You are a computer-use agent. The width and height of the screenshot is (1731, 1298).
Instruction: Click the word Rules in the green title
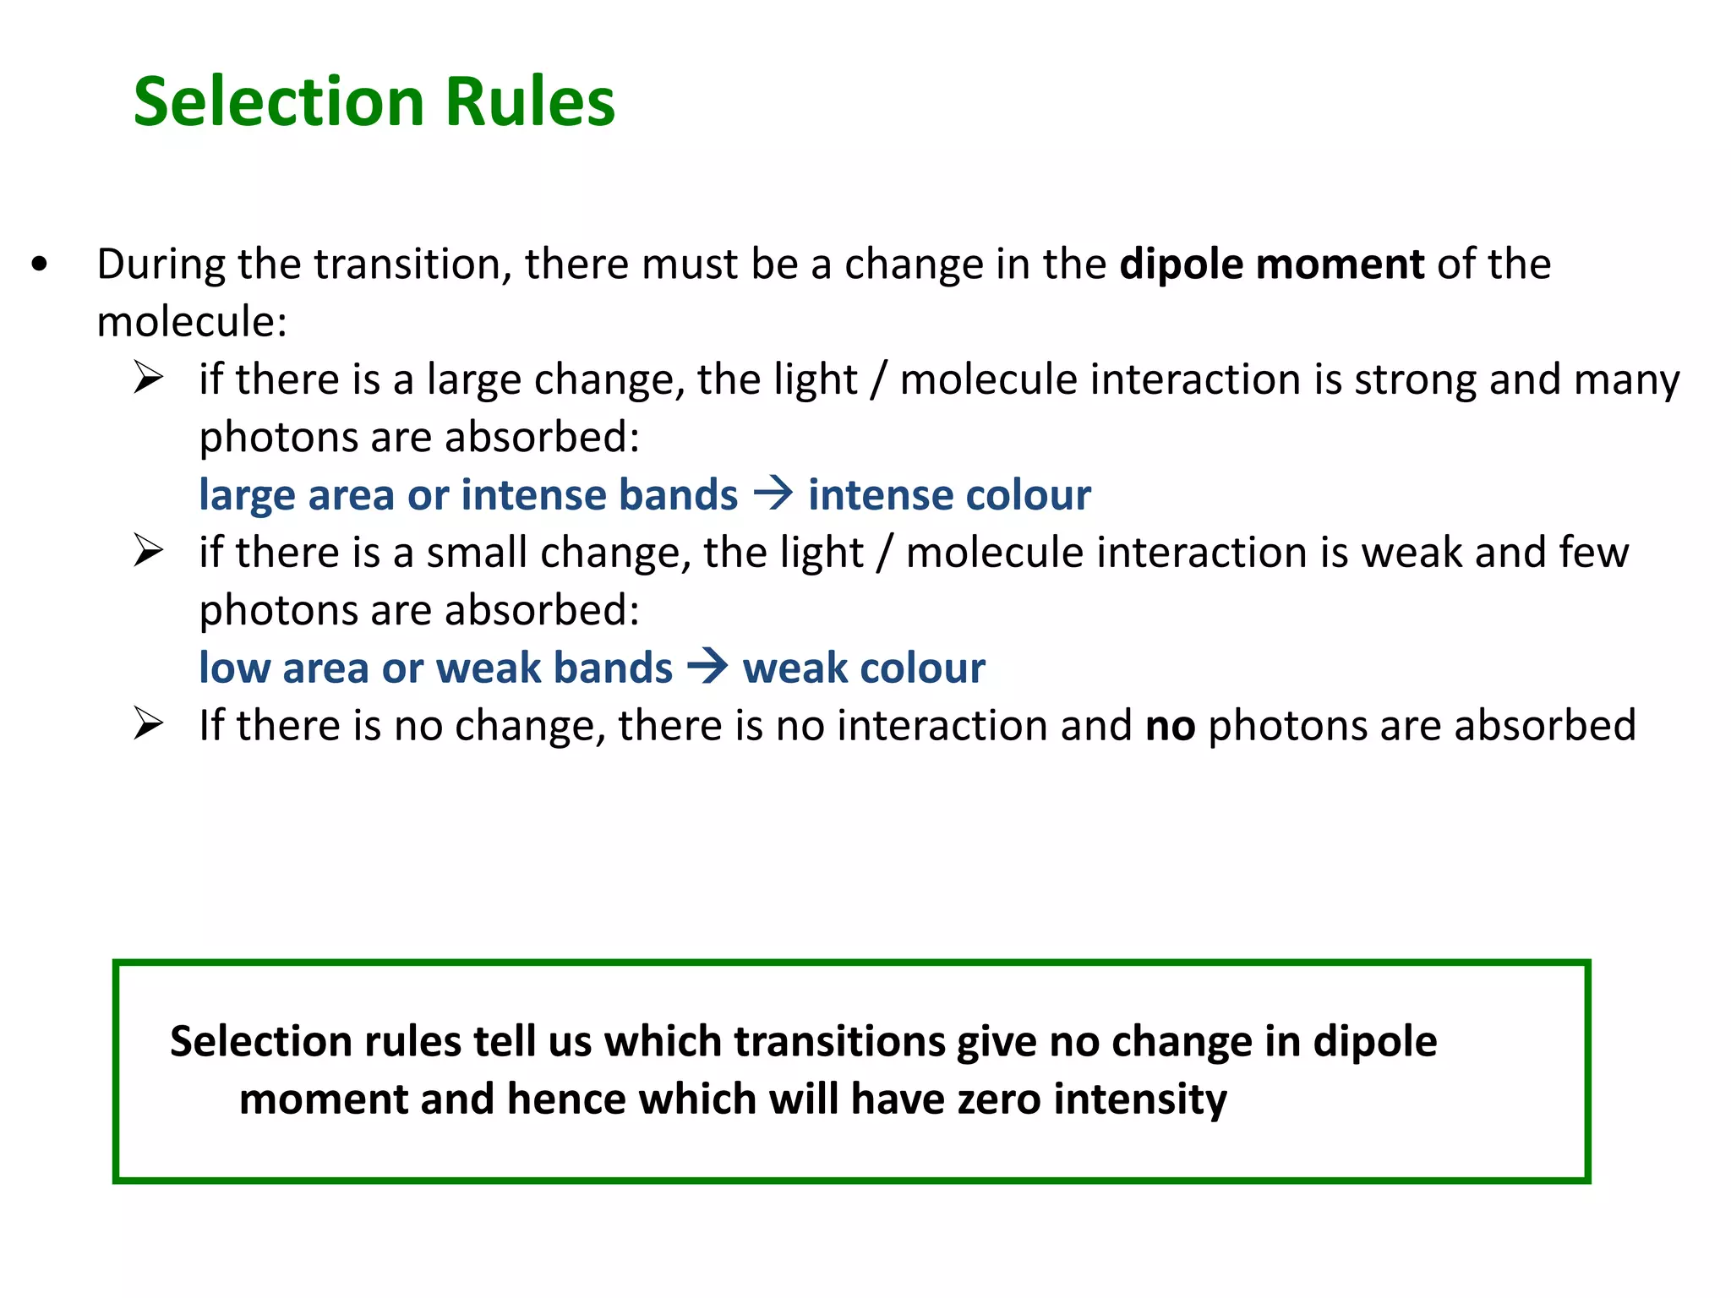pos(530,101)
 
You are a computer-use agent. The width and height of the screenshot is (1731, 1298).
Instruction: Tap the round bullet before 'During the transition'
pos(39,265)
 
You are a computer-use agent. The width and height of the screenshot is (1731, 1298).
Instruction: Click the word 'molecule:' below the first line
pos(192,322)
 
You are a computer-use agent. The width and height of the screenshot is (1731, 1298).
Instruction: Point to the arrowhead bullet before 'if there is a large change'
pos(148,378)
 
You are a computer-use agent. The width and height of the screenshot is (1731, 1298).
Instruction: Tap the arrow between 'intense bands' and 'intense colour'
pos(773,493)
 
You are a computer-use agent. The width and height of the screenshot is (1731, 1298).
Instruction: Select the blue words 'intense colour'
pos(949,495)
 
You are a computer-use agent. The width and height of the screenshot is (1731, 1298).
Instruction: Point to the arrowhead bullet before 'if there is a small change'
pos(148,551)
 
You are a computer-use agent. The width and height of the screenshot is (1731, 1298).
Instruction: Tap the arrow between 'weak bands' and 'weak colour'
pos(707,666)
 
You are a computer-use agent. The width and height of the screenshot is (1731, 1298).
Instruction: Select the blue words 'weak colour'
pos(864,668)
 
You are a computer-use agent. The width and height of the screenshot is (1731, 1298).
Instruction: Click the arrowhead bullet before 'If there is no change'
pos(148,724)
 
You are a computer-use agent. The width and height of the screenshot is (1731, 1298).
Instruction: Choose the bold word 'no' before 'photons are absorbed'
pos(1170,726)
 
